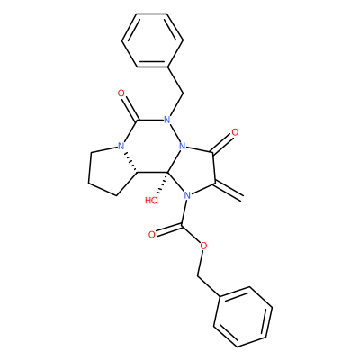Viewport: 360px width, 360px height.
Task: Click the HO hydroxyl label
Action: point(151,201)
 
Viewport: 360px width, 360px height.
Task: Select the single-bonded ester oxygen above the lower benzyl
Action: point(204,247)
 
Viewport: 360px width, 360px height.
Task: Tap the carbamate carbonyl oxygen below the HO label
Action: point(152,234)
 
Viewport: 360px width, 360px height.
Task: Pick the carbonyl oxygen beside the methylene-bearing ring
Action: point(235,132)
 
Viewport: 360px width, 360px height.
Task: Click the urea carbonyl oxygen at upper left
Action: point(121,94)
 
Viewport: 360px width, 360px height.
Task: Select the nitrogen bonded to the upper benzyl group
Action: point(167,121)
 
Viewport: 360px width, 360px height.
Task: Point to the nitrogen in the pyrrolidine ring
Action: point(121,147)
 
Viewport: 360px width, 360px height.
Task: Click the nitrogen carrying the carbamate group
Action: point(187,196)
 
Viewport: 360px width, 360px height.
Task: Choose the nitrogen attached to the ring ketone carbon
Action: point(182,147)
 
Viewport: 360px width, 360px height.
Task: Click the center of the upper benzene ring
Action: point(152,40)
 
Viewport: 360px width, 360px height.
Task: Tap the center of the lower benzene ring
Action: point(243,317)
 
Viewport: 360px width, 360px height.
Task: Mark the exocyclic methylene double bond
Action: point(229,190)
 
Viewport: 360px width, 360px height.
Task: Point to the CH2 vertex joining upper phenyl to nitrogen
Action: point(183,94)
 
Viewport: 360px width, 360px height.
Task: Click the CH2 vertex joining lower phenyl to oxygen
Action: point(198,275)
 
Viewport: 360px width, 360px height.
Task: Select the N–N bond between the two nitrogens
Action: point(175,133)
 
